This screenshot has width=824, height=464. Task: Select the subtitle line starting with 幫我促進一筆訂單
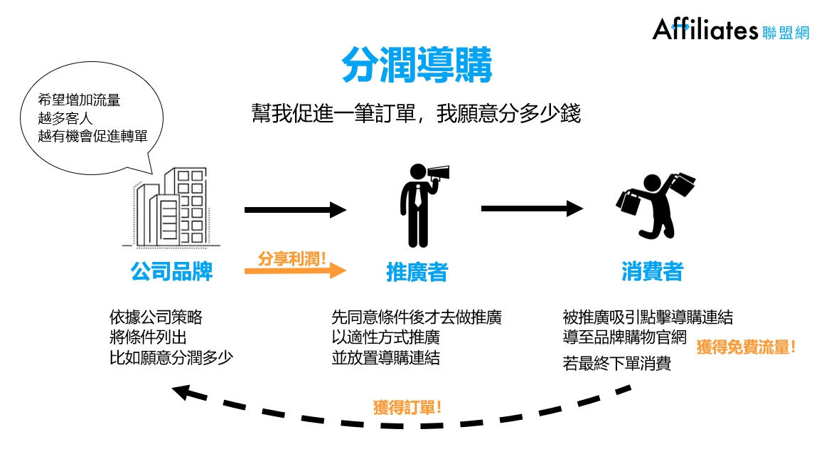click(x=416, y=114)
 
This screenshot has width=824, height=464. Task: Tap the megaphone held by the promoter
click(x=437, y=173)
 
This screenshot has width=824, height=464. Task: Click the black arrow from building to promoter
click(x=294, y=210)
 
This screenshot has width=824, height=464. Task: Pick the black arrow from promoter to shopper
click(x=532, y=209)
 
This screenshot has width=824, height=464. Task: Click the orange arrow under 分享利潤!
click(x=294, y=271)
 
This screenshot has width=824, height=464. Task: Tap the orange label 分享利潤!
click(x=291, y=258)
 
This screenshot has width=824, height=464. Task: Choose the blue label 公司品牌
click(x=171, y=271)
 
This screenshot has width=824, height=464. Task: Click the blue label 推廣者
click(x=417, y=272)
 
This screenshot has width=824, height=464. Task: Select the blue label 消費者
click(x=652, y=271)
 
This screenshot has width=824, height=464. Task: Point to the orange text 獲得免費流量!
click(x=746, y=348)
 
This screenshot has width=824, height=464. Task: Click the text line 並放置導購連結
click(x=386, y=358)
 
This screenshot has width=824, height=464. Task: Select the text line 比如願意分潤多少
click(x=171, y=358)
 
